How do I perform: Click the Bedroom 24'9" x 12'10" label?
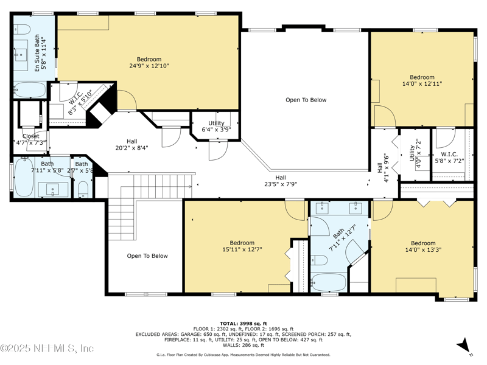(149, 62)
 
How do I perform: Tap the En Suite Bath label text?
(40, 55)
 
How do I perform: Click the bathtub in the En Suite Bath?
(28, 90)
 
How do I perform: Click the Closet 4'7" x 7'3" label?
(30, 139)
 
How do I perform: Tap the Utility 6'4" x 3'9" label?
(216, 127)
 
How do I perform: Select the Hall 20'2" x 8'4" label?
(131, 144)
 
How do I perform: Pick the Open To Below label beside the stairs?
(147, 256)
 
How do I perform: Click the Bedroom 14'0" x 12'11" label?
(422, 80)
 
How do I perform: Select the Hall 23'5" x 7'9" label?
(281, 181)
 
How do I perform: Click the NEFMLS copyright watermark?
(47, 349)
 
